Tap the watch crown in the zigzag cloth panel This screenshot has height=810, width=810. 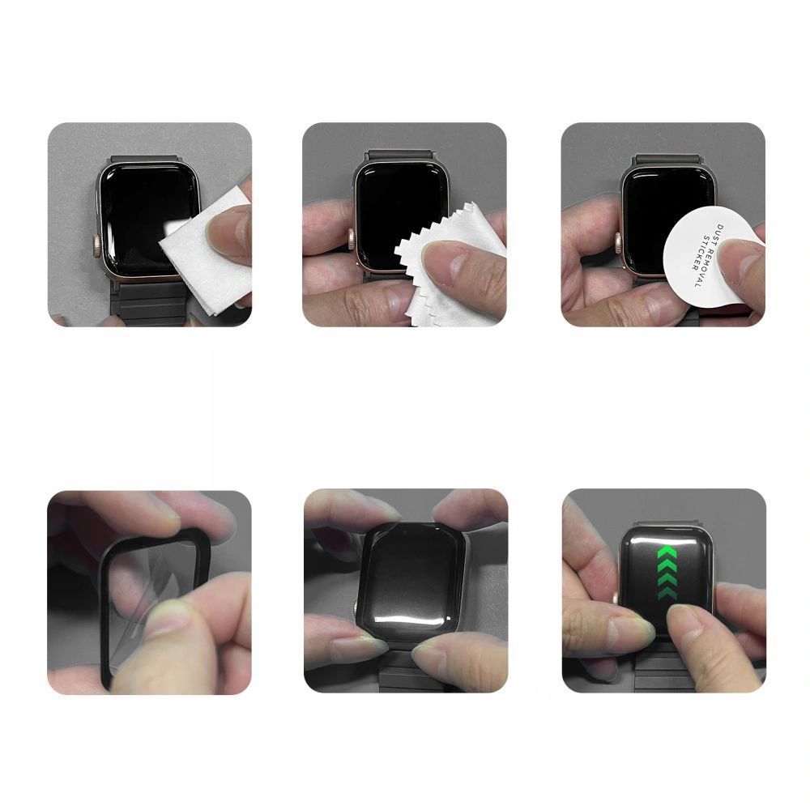pos(352,239)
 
